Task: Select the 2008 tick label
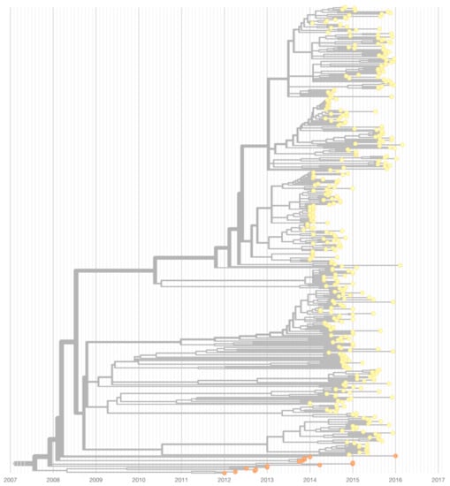[53, 480]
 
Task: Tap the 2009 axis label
[96, 480]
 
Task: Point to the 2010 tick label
[139, 480]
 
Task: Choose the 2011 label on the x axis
[181, 480]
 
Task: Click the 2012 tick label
[224, 480]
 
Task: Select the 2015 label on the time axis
[352, 480]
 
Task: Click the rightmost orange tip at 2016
[395, 455]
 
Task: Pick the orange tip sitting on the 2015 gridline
[352, 463]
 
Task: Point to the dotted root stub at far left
[19, 463]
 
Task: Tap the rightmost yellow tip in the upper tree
[403, 144]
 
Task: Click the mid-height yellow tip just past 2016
[400, 265]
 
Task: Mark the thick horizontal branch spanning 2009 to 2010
[115, 272]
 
